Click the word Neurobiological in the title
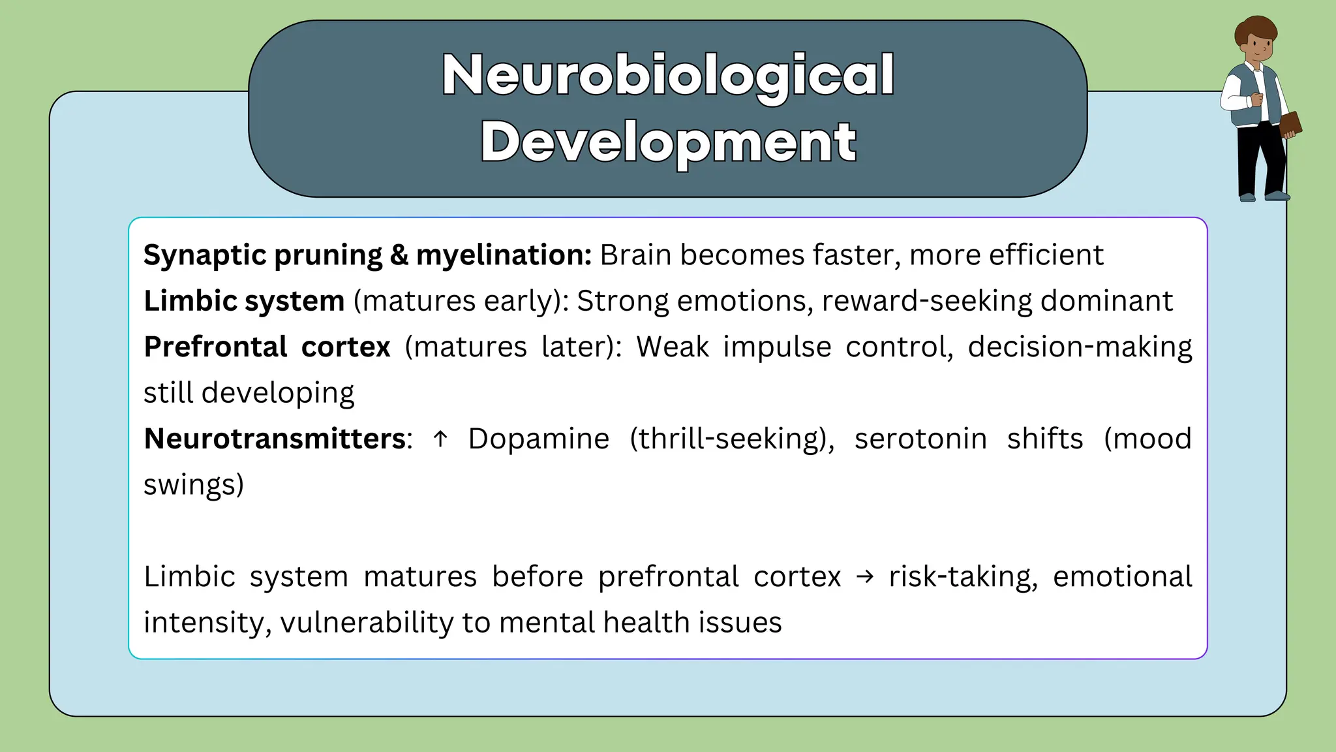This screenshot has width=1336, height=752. [x=668, y=74]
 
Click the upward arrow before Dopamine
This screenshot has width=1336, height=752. [x=440, y=439]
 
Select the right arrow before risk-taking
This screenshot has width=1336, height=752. [x=864, y=576]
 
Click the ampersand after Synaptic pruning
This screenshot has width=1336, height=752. [x=399, y=255]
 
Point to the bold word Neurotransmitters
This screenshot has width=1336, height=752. [x=275, y=439]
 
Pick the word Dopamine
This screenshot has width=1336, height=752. [x=539, y=439]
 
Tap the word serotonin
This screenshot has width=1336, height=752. [x=920, y=439]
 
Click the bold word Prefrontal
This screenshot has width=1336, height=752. [x=215, y=347]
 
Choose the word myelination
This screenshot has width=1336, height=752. [x=503, y=255]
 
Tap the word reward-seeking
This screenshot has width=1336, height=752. [x=926, y=301]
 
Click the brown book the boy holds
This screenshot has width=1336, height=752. [x=1290, y=124]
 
